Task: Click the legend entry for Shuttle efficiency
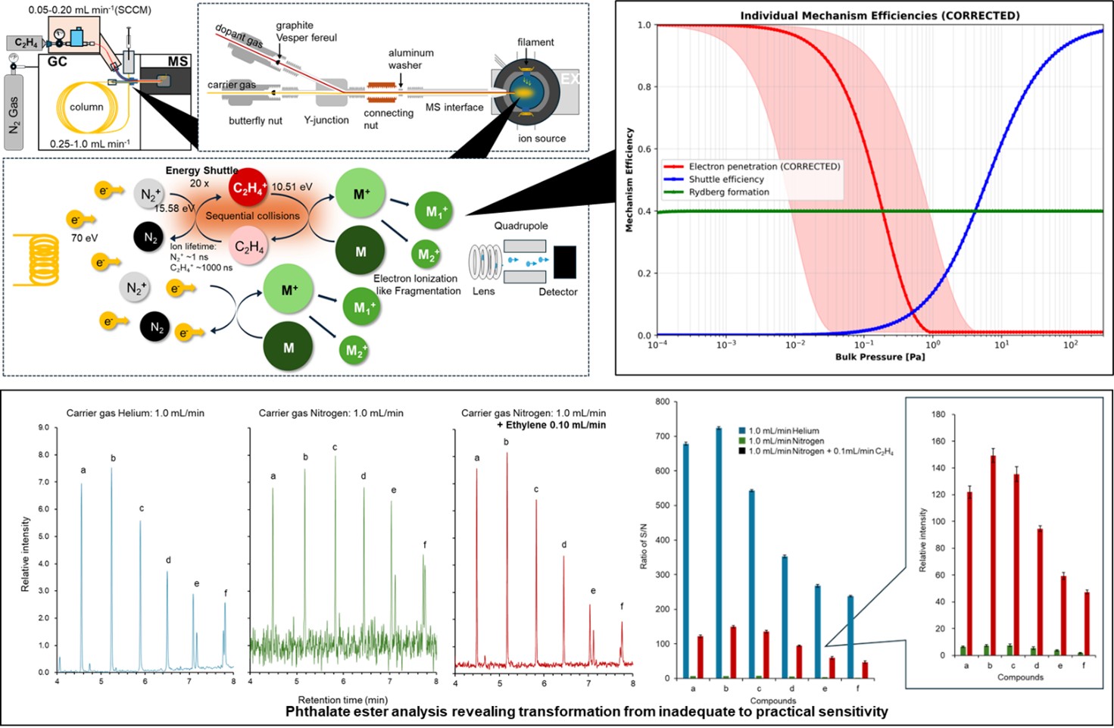pos(726,180)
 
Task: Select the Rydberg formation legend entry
pos(729,192)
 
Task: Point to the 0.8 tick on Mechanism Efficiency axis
pos(644,87)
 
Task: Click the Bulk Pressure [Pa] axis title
pos(879,357)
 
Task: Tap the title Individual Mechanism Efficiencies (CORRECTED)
pos(879,15)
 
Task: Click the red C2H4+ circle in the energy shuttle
pos(248,189)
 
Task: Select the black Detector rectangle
pos(564,262)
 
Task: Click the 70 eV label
pos(84,238)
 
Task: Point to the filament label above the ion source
pos(535,42)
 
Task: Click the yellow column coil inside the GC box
pos(86,107)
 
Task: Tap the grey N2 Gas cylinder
pos(14,113)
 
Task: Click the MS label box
pos(177,61)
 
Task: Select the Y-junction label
pos(326,120)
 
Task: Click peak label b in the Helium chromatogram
pos(113,458)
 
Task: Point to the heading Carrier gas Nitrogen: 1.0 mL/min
pos(331,413)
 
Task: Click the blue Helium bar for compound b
pos(718,553)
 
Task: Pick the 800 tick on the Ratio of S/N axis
pos(662,401)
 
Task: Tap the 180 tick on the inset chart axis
pos(938,414)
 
